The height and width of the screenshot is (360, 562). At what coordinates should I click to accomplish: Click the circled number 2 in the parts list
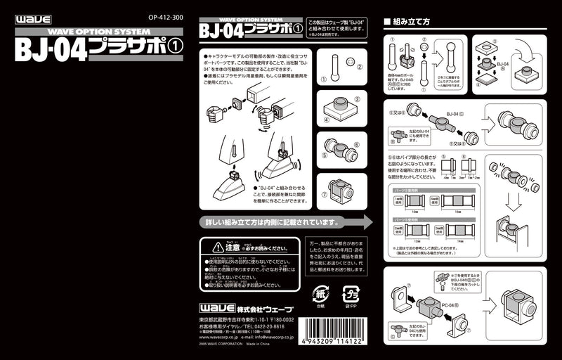coord(360,68)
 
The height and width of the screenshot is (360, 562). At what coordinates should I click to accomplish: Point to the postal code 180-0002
coord(280,319)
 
